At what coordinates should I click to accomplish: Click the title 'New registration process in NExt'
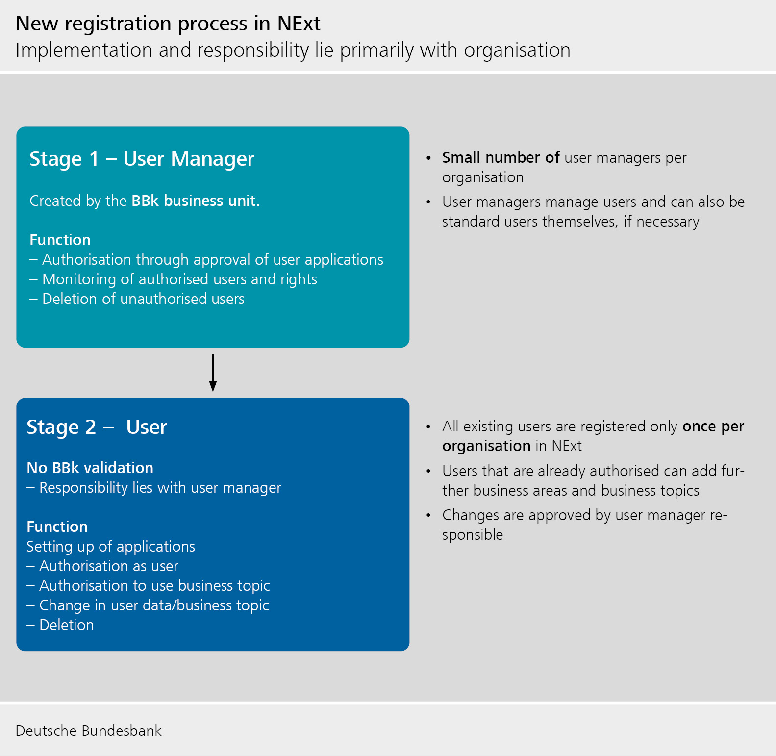click(168, 24)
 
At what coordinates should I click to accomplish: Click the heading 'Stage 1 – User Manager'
click(142, 159)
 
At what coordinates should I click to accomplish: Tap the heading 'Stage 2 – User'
click(97, 427)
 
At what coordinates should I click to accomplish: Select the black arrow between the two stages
click(213, 373)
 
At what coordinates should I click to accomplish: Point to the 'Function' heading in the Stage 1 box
click(60, 240)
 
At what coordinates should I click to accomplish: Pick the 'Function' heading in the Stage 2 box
click(57, 527)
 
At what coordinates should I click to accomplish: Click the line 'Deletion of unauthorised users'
click(143, 299)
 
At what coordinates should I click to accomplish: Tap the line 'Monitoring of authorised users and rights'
click(179, 279)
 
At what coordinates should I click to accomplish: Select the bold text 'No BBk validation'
click(90, 468)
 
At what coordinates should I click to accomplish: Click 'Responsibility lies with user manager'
click(160, 488)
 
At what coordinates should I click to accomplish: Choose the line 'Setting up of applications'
click(111, 547)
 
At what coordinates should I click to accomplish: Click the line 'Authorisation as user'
click(108, 566)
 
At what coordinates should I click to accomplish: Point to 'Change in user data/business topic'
click(154, 605)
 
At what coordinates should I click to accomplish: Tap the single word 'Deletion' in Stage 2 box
click(66, 625)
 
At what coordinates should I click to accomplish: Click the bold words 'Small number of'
click(501, 158)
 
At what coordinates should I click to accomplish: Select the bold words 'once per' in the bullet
click(713, 427)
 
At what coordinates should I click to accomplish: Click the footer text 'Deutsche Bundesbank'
click(88, 731)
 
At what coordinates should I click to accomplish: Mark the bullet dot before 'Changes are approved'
click(428, 515)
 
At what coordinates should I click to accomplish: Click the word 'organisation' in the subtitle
click(517, 50)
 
